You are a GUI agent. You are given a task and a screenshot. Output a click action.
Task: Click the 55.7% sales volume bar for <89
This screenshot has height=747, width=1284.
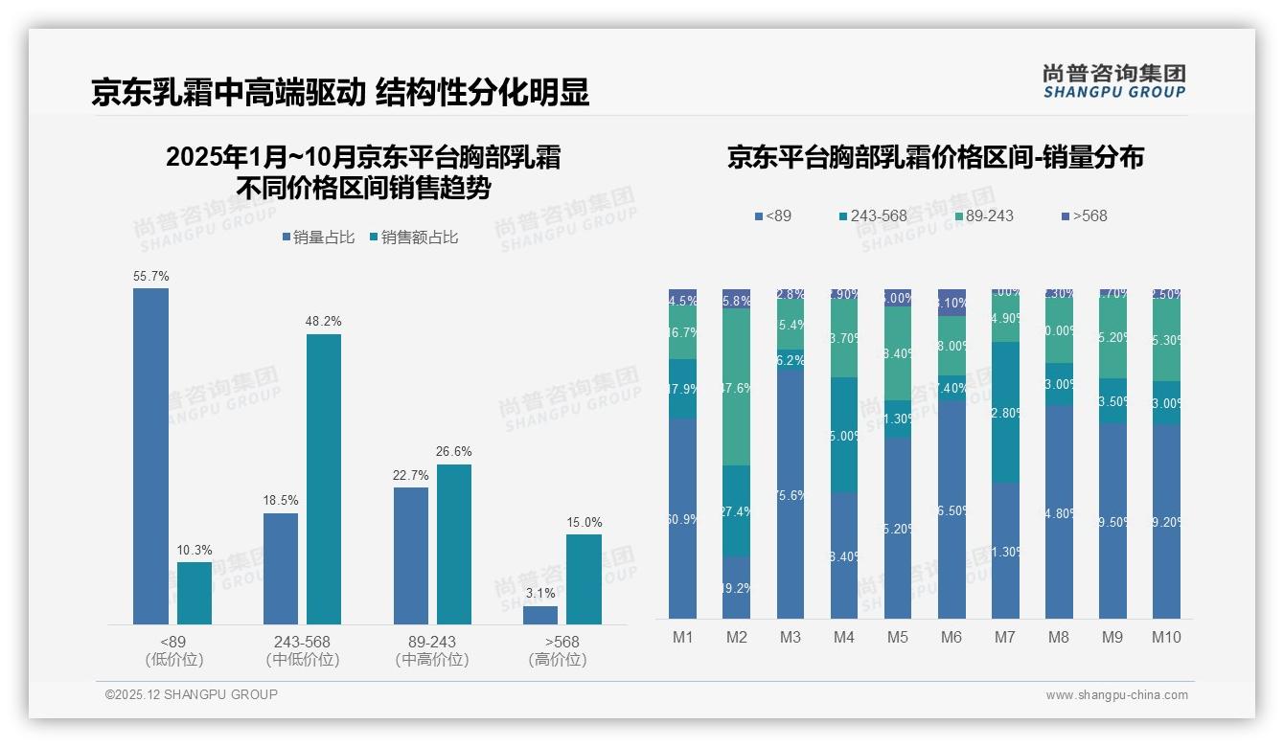[x=150, y=456]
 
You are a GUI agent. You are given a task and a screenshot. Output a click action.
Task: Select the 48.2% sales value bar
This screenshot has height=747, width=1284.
[x=323, y=479]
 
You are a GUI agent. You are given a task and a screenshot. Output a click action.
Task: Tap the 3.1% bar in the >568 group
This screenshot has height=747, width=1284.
[x=540, y=615]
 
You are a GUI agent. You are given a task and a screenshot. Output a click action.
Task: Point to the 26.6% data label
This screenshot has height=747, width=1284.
[x=453, y=452]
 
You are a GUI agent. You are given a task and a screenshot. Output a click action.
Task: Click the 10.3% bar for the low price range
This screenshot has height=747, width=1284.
[x=195, y=593]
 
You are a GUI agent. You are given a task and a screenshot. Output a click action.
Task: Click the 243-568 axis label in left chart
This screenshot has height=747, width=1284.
[x=303, y=642]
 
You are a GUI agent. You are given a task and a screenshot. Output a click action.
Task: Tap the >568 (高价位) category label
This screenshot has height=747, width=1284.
[x=557, y=650]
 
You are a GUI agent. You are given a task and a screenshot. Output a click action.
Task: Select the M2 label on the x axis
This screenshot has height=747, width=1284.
[x=736, y=638]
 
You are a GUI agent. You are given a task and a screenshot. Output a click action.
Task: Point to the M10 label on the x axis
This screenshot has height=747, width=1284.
[x=1165, y=638]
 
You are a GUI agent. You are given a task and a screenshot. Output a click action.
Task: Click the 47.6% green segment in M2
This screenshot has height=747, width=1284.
[x=736, y=387]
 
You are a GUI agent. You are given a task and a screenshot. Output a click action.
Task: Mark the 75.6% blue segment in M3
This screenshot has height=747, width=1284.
[x=790, y=494]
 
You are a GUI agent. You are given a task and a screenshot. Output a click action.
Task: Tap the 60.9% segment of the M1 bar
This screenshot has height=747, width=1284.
[x=682, y=518]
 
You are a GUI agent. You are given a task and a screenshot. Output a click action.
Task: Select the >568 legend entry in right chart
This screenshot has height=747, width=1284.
[x=1084, y=216]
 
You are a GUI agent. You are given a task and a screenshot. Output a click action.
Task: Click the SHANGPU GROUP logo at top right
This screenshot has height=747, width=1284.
[x=1113, y=80]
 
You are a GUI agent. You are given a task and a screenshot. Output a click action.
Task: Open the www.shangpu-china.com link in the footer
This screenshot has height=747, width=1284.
[x=1116, y=695]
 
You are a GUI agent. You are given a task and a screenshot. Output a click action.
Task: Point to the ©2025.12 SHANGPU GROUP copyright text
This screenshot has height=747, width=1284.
[x=191, y=694]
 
